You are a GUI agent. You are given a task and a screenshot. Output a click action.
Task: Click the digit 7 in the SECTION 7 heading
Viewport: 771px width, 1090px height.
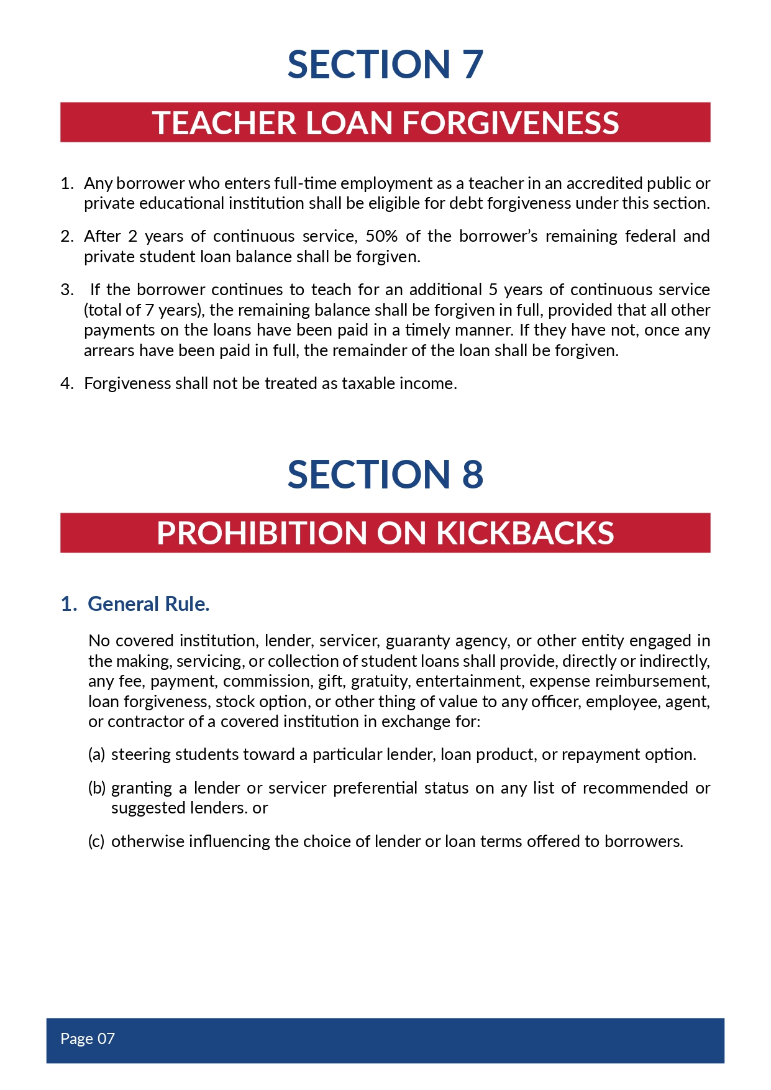(x=473, y=64)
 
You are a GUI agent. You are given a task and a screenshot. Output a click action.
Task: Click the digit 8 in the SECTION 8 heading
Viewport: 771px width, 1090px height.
(x=473, y=475)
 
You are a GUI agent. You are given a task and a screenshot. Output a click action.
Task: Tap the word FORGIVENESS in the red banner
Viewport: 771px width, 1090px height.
(x=511, y=122)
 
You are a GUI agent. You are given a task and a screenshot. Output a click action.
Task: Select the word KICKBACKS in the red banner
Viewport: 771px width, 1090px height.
(x=525, y=533)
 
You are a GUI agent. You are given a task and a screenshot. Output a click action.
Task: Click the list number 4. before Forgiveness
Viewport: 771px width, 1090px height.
(x=67, y=383)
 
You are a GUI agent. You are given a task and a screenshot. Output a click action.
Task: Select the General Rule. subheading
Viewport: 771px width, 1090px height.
(x=148, y=604)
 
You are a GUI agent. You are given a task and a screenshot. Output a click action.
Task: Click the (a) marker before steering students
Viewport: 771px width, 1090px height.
(x=96, y=754)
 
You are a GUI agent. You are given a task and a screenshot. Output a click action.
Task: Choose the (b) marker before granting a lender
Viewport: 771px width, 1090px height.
(x=97, y=788)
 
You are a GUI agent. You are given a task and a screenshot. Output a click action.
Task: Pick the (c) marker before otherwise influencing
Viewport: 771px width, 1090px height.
(x=96, y=841)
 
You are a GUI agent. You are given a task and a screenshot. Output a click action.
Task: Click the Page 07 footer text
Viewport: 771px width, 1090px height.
(x=88, y=1038)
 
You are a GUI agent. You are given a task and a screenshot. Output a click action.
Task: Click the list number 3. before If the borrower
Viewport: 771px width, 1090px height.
(x=67, y=290)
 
